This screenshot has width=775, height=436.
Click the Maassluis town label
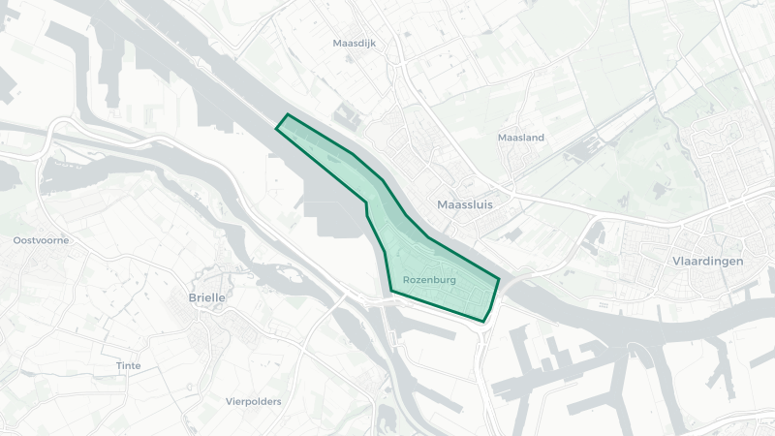[465, 204]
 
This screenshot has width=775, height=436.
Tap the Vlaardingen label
[707, 262]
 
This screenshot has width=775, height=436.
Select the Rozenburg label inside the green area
[429, 279]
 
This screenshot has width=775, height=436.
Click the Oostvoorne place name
[41, 239]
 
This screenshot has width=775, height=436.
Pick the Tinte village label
[128, 365]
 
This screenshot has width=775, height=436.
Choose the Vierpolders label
[253, 400]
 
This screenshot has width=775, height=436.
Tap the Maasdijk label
[354, 44]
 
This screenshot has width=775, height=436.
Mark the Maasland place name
[520, 138]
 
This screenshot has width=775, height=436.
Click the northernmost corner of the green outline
[288, 114]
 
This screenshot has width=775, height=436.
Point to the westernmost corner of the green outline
[276, 128]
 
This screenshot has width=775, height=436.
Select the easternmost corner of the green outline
[500, 279]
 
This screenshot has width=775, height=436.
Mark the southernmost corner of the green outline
[483, 322]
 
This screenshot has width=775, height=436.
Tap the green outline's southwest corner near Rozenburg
[390, 289]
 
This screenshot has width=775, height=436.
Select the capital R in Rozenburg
[405, 279]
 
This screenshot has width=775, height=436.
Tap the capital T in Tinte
[118, 365]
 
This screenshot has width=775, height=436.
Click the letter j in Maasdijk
[369, 45]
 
